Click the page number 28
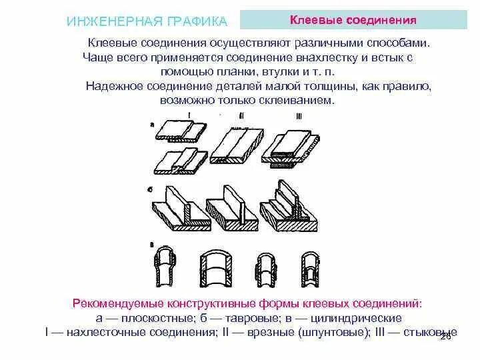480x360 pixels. (446, 338)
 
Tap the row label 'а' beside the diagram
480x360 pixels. (153, 124)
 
